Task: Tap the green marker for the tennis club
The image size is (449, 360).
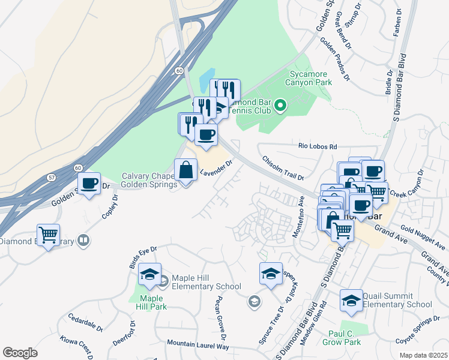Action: pyautogui.click(x=280, y=107)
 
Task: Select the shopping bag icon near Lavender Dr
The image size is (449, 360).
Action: pyautogui.click(x=185, y=171)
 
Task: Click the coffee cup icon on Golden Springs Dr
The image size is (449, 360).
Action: pyautogui.click(x=89, y=184)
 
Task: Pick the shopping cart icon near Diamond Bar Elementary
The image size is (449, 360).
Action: pyautogui.click(x=48, y=235)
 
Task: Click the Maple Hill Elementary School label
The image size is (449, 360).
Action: pyautogui.click(x=206, y=282)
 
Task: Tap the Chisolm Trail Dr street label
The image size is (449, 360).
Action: pyautogui.click(x=283, y=168)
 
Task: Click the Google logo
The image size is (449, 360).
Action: pyautogui.click(x=20, y=353)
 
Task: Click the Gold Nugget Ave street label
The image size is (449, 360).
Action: pyautogui.click(x=423, y=238)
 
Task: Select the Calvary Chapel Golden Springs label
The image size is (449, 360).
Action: pyautogui.click(x=149, y=180)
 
